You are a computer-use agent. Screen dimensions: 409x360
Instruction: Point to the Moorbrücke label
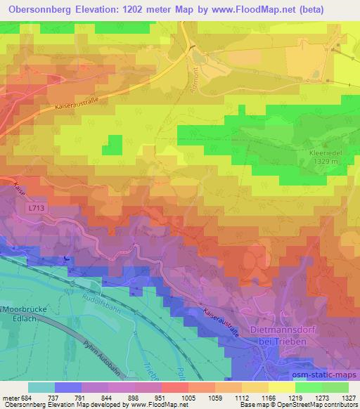pyautogui.click(x=23, y=309)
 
